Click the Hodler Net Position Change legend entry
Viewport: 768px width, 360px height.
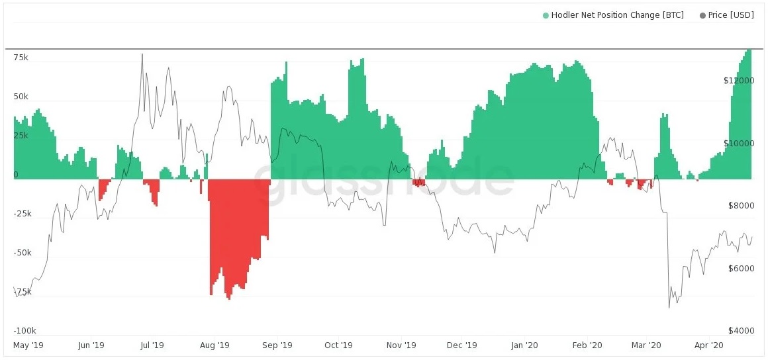(x=612, y=15)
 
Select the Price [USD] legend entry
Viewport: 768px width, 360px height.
(x=727, y=15)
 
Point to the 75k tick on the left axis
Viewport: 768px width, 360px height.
(x=21, y=58)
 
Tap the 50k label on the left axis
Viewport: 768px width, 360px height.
(x=21, y=97)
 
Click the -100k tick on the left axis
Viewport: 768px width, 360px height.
(x=24, y=331)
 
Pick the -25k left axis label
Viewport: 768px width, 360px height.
(x=23, y=214)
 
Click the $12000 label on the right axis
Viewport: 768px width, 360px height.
(x=739, y=81)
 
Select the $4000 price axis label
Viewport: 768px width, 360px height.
(x=741, y=331)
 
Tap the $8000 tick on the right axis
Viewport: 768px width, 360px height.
(x=741, y=206)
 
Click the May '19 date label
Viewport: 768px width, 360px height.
(x=28, y=345)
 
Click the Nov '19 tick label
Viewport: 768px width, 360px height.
(x=401, y=345)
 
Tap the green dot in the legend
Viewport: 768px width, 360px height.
(x=546, y=16)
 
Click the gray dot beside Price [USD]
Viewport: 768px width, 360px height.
(x=703, y=16)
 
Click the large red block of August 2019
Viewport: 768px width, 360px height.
(x=239, y=235)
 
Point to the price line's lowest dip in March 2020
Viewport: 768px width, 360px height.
(x=669, y=308)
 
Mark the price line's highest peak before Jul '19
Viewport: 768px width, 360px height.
(x=142, y=54)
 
